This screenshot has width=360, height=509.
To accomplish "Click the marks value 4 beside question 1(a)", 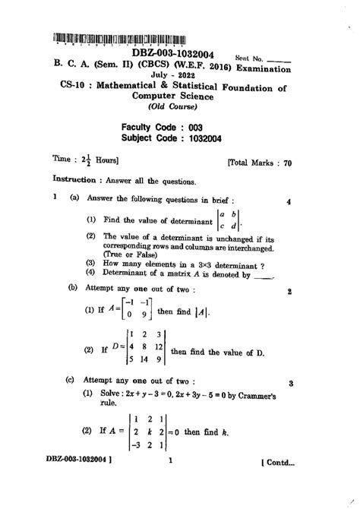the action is click(289, 202).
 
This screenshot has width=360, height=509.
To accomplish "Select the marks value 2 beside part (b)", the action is click(290, 290).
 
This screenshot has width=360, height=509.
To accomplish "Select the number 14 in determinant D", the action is click(139, 359).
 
